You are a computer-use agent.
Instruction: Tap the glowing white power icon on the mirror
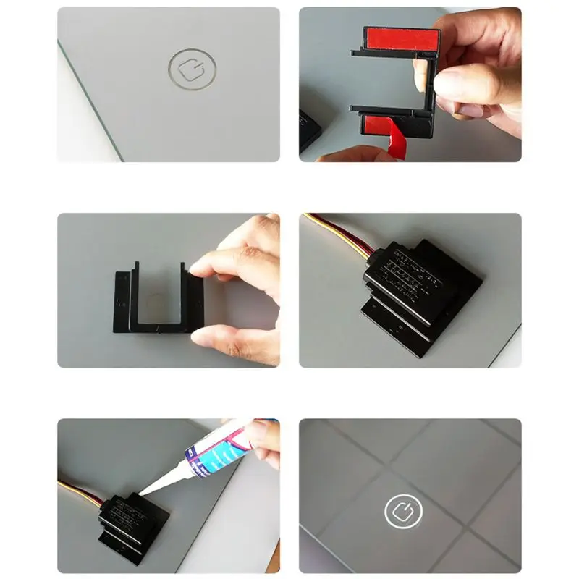point(402,512)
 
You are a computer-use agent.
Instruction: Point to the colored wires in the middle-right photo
point(337,232)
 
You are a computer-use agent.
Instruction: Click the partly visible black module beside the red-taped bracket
point(309,130)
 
